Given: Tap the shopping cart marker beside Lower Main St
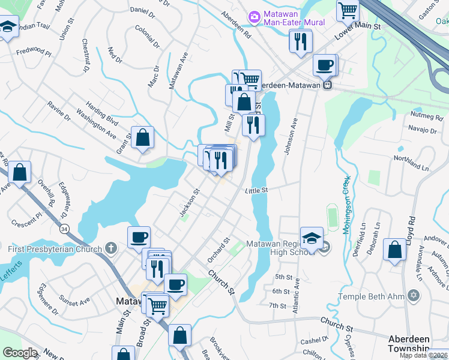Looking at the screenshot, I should [348, 11].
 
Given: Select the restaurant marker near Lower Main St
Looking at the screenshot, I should [300, 41].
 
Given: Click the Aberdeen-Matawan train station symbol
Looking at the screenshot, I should [327, 85].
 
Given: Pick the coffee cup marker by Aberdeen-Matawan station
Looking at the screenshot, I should [325, 65].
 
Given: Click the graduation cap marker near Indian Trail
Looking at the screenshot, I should [8, 27].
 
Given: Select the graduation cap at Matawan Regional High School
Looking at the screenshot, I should [312, 239].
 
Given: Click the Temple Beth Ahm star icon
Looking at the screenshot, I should [413, 296].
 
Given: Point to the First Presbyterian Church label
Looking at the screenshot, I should [53, 248].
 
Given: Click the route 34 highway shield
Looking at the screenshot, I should [64, 228].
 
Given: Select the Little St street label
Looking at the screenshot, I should [255, 190].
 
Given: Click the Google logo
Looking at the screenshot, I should [20, 353].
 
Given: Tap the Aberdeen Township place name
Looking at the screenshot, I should [408, 343].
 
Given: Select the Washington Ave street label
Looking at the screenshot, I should [95, 123].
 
